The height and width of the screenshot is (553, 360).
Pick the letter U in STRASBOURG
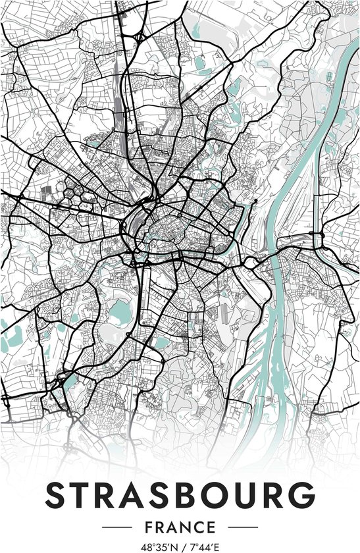242,494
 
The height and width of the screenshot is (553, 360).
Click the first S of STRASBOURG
58,494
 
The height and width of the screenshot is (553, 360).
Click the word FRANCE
180,527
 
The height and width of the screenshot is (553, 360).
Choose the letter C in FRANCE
199,527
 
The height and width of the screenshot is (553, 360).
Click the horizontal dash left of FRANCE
119,527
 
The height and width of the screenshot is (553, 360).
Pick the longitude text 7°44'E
203,546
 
